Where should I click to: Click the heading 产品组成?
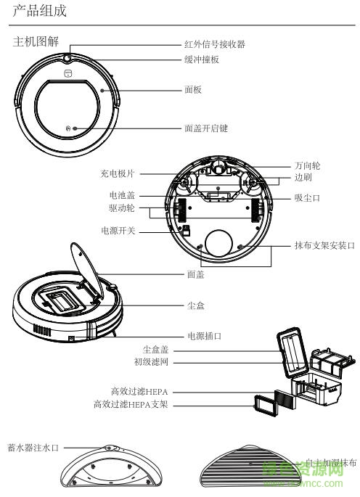[x=39, y=11]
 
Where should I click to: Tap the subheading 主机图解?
[x=33, y=41]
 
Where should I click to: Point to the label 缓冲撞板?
[x=202, y=59]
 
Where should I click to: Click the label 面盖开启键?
[x=206, y=128]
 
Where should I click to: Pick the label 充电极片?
[x=117, y=173]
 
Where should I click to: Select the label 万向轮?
[x=307, y=165]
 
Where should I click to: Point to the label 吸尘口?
[x=307, y=197]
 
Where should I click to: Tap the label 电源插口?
[x=204, y=337]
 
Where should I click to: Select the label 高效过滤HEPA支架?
[x=130, y=404]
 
